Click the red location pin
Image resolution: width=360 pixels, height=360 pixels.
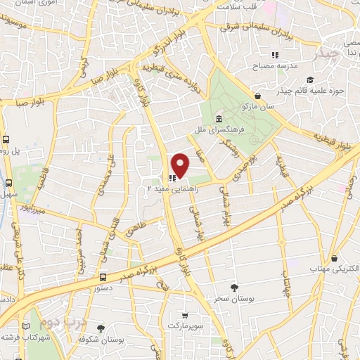tap(181, 165)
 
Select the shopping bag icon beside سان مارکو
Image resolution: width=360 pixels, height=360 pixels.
tap(259, 96)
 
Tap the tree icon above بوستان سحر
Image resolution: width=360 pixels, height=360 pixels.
tap(235, 288)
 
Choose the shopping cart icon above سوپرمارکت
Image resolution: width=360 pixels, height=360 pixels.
tap(185, 317)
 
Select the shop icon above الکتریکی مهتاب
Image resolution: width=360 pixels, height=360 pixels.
tap(334, 258)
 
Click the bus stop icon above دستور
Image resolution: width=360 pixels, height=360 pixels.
tap(103, 277)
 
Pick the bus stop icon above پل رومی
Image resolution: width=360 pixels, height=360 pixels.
tap(6, 139)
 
